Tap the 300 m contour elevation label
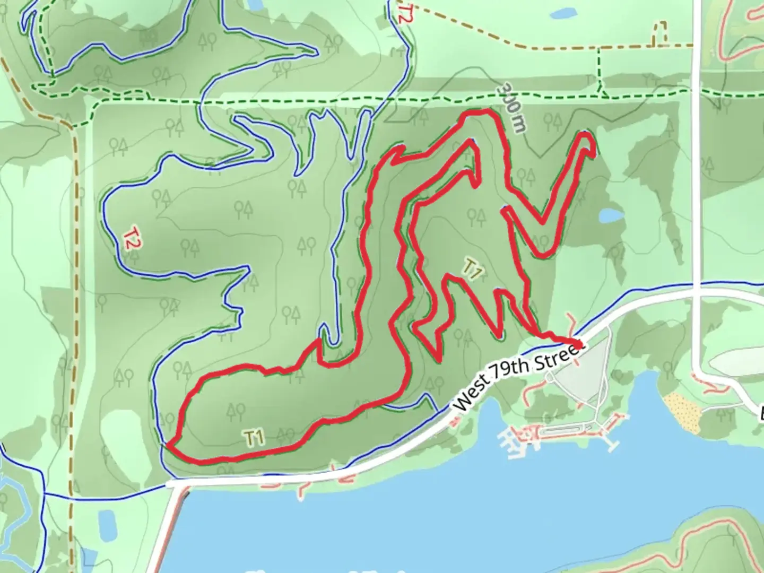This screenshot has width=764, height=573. click(514, 107)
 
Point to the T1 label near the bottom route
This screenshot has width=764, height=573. click(255, 438)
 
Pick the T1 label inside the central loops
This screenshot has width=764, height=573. click(472, 269)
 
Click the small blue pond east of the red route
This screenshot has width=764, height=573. click(611, 215)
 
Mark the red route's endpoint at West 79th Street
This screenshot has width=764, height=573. click(576, 342)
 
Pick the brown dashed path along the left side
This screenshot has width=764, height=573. click(74, 265)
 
